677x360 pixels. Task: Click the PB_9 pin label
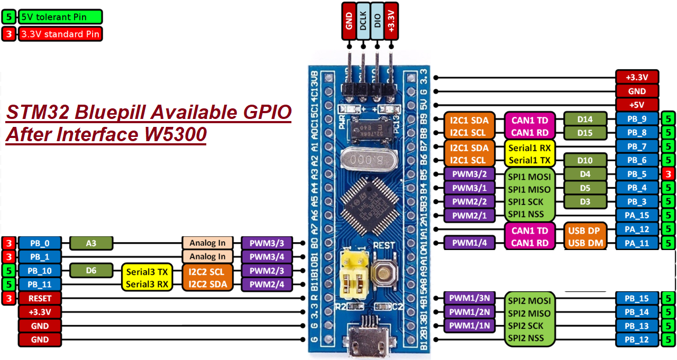pos(637,119)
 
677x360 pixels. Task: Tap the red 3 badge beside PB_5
pos(668,174)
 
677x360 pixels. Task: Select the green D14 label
pos(585,119)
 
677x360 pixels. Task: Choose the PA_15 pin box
pos(637,215)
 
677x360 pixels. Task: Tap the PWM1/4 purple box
pos(469,243)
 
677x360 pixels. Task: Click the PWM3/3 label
pos(267,243)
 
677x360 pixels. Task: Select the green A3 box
pos(90,243)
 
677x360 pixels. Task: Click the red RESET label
pos(40,298)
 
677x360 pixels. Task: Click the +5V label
pos(637,104)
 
